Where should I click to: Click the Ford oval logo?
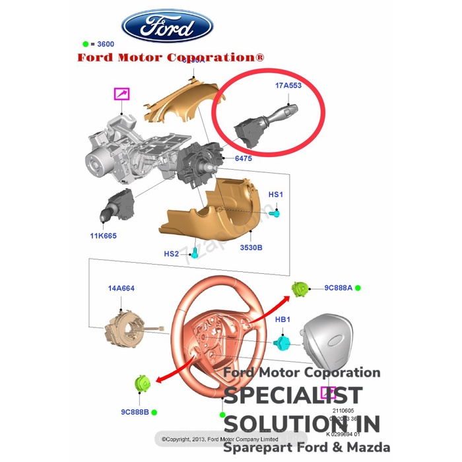point(168,28)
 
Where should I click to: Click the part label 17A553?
point(288,86)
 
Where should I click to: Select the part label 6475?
point(244,158)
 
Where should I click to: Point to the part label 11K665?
point(104,236)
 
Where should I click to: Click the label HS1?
point(275,195)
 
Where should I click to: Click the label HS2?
point(171,254)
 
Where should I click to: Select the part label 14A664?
point(121,288)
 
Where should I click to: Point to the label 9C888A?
point(338,288)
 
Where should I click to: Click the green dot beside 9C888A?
point(358,288)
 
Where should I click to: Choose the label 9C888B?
point(134,411)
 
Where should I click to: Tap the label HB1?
point(283,319)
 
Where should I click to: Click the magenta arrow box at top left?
point(121,94)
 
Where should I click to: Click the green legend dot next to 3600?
point(85,44)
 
